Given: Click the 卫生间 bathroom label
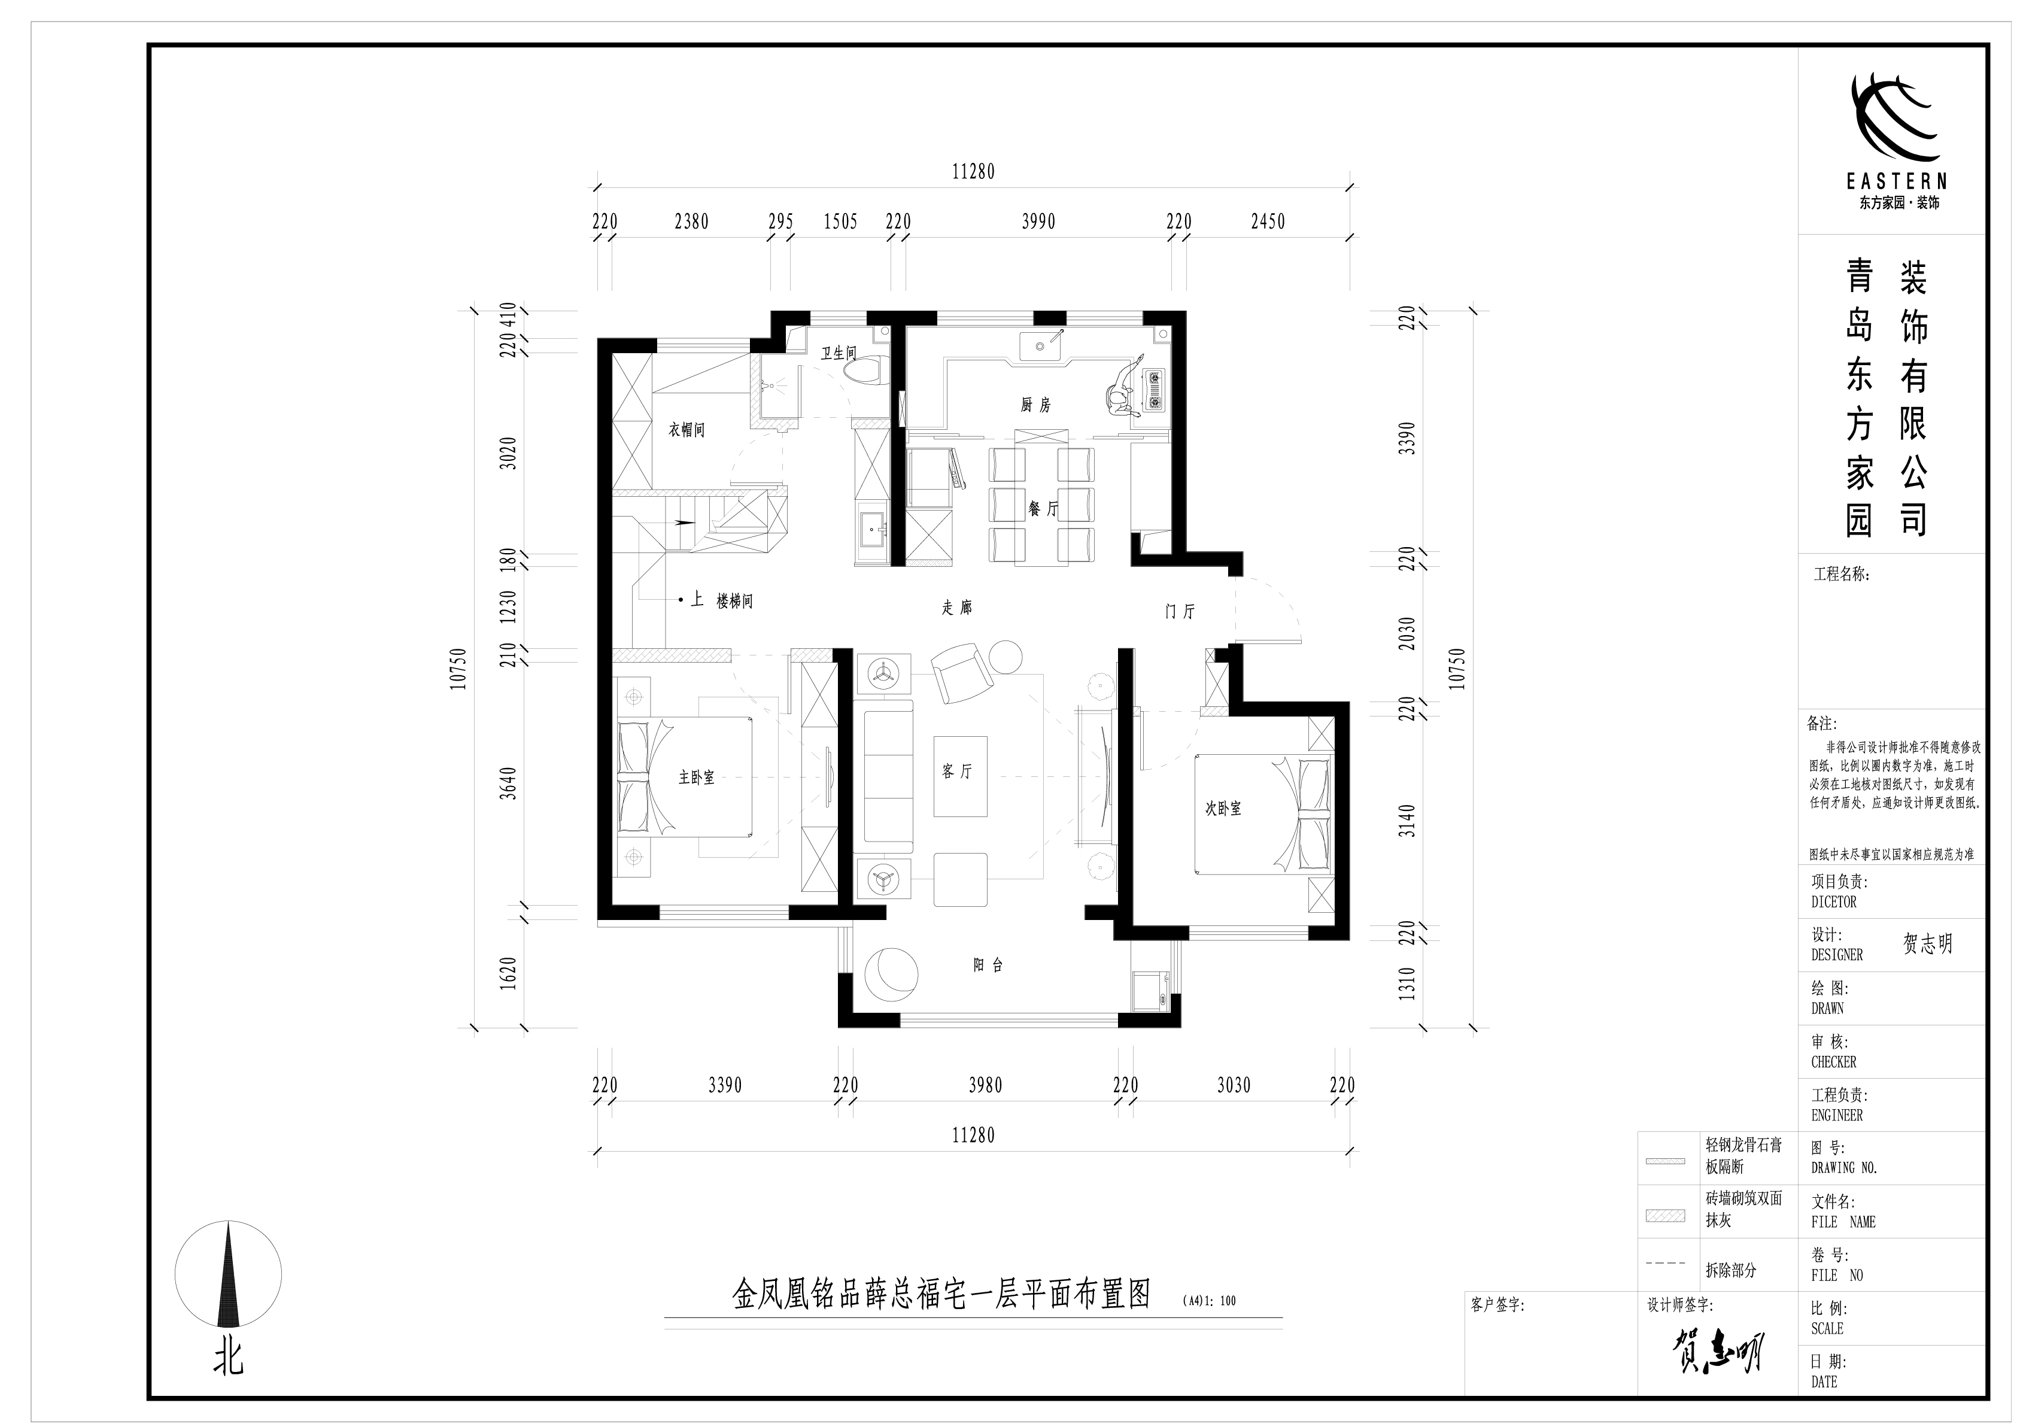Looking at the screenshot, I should tap(838, 353).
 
